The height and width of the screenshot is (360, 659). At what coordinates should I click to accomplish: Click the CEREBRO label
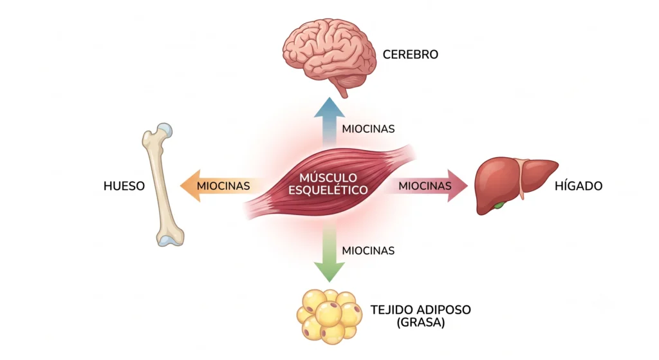tap(410, 55)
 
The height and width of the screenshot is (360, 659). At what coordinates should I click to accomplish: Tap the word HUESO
tap(124, 186)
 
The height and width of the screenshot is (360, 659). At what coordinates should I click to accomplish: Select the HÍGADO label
tap(579, 185)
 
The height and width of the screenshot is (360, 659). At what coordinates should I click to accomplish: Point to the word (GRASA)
tap(420, 323)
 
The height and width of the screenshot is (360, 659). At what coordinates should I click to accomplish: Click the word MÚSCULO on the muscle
tap(328, 177)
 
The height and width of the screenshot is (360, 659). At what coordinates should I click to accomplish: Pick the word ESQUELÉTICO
tap(328, 190)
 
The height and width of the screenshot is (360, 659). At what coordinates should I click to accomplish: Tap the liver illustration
tap(515, 185)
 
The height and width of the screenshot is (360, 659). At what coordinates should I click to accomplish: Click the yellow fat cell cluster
tap(329, 316)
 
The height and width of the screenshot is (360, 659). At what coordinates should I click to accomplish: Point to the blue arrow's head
tap(329, 108)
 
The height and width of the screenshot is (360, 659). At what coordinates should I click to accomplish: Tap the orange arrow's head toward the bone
tap(190, 185)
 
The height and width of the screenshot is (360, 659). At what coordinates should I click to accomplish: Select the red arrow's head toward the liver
tap(458, 185)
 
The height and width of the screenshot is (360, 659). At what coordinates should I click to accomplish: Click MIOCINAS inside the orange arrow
tap(223, 186)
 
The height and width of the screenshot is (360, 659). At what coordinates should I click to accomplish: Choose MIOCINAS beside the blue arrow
tap(368, 129)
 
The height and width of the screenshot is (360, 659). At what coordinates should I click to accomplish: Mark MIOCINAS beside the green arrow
tap(368, 251)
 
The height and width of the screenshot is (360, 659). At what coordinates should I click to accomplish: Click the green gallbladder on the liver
tap(499, 205)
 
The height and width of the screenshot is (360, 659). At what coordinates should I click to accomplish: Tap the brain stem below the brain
tap(344, 90)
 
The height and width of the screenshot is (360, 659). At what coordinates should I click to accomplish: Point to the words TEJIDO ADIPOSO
tap(420, 310)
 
